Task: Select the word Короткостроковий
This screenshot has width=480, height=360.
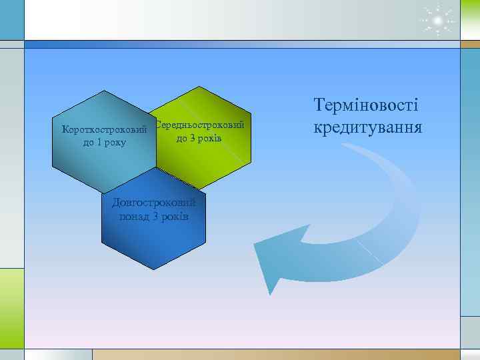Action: pyautogui.click(x=103, y=129)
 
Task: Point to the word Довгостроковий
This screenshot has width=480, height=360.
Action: pyautogui.click(x=154, y=203)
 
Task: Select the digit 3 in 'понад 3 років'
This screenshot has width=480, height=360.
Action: pyautogui.click(x=155, y=217)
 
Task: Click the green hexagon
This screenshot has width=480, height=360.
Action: pyautogui.click(x=213, y=157)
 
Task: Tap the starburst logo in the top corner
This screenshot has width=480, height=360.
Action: pyautogui.click(x=437, y=21)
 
